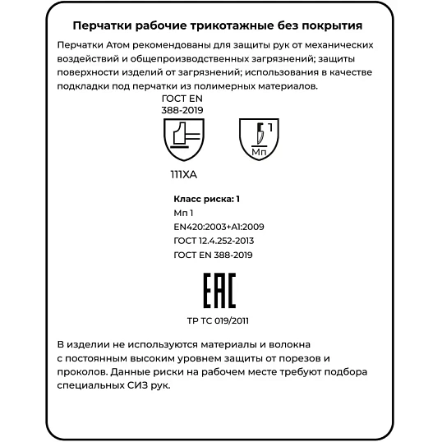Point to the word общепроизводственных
[x=182, y=59]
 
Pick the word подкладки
[x=85, y=85]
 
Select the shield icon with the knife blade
[x=259, y=138]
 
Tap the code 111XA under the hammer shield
[x=183, y=175]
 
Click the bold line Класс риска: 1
[x=207, y=199]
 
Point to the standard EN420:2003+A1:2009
[x=219, y=227]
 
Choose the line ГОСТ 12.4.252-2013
[x=214, y=241]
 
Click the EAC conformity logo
[x=219, y=292]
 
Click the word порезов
[x=294, y=358]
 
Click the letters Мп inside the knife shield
[x=259, y=152]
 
